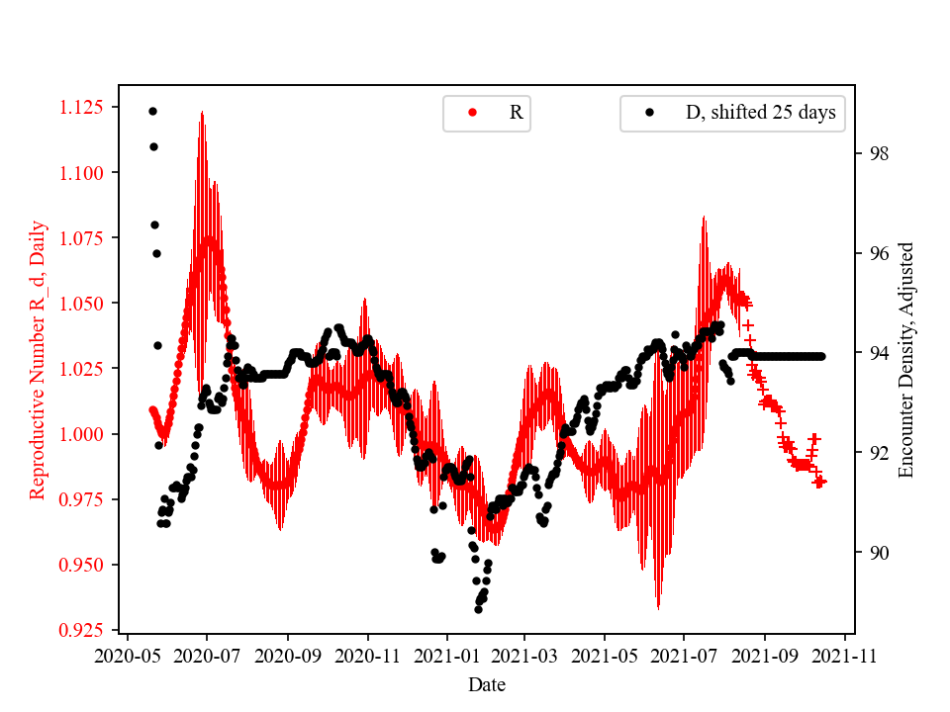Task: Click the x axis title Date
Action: (x=487, y=684)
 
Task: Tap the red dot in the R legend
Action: (x=472, y=113)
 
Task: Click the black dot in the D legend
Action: (x=650, y=113)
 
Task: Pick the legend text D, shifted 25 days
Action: (x=760, y=113)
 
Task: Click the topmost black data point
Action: (x=152, y=111)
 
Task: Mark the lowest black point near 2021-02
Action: (x=478, y=609)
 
